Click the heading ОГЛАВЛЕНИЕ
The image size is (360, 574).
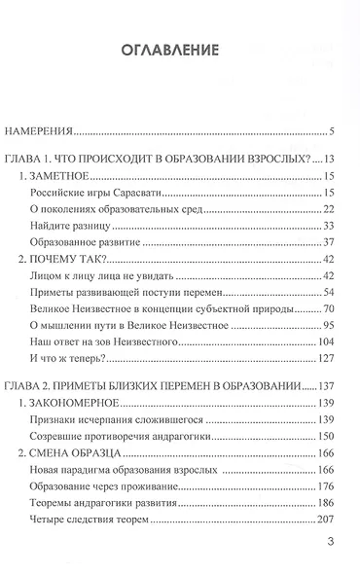[x=179, y=50]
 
